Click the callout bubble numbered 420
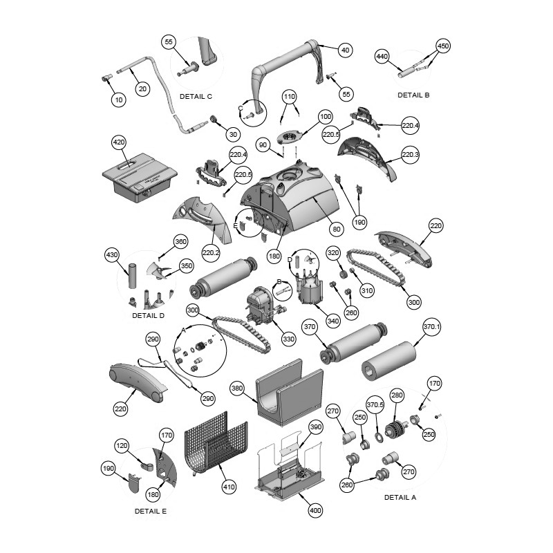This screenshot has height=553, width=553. (118, 142)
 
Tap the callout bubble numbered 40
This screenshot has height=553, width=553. (345, 50)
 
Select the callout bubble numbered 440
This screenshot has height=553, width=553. (382, 56)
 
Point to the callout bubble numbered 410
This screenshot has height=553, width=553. (229, 487)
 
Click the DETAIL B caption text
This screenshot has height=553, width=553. (413, 95)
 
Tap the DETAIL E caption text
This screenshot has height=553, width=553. (151, 511)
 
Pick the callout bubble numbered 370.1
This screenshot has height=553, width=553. (431, 327)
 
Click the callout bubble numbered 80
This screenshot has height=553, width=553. (337, 229)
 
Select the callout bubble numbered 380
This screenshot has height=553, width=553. (237, 388)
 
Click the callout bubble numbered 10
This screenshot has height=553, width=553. (119, 100)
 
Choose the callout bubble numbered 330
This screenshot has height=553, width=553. (288, 339)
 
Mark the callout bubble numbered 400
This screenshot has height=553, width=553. (315, 510)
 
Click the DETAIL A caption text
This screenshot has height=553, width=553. (400, 497)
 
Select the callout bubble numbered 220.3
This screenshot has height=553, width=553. (410, 154)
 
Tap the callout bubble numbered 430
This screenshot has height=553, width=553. (112, 254)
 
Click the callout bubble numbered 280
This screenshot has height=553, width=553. (397, 395)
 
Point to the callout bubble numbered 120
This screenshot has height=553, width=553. (122, 445)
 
